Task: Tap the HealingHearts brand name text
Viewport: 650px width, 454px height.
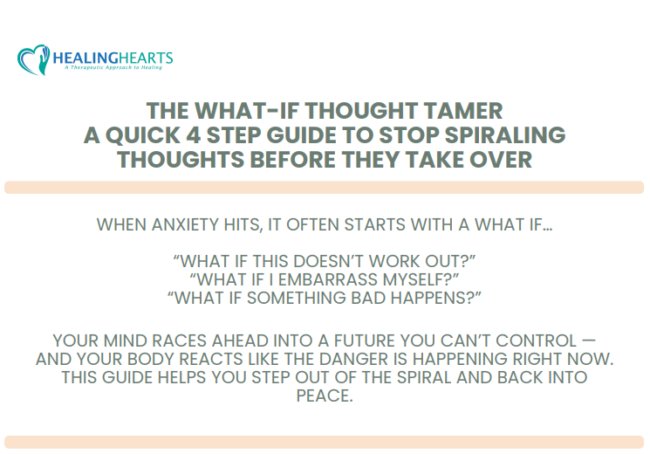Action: coord(113,58)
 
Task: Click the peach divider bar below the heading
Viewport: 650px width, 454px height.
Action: coord(324,187)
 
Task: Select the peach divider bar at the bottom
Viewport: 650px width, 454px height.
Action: coord(324,442)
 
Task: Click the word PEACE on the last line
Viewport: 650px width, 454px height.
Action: coord(324,396)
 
